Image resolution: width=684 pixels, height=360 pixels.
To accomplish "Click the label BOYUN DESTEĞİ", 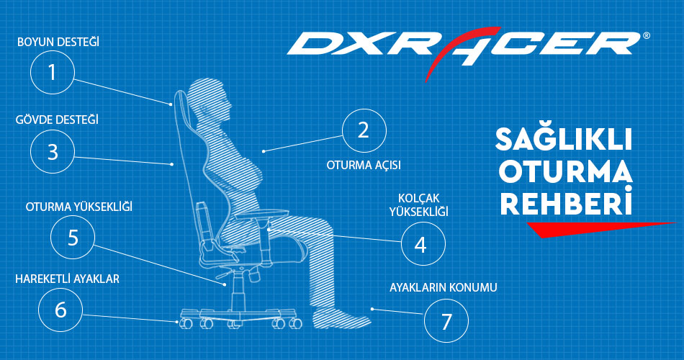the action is (58, 42).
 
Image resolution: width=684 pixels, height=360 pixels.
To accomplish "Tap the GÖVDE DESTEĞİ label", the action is (57, 120).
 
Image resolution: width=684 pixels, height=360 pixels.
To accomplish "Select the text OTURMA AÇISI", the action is (364, 166).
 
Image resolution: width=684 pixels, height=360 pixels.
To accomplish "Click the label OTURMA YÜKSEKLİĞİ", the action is (79, 206).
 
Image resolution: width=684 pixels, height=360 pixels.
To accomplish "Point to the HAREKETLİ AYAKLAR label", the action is (67, 279).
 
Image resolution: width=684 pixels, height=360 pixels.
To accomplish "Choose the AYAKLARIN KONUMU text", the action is (444, 287).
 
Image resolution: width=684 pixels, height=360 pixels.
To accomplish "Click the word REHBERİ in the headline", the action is (566, 202).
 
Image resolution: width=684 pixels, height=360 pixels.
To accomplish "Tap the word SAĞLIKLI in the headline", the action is (564, 139).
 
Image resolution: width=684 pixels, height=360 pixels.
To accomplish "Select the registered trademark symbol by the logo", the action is (646, 36).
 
